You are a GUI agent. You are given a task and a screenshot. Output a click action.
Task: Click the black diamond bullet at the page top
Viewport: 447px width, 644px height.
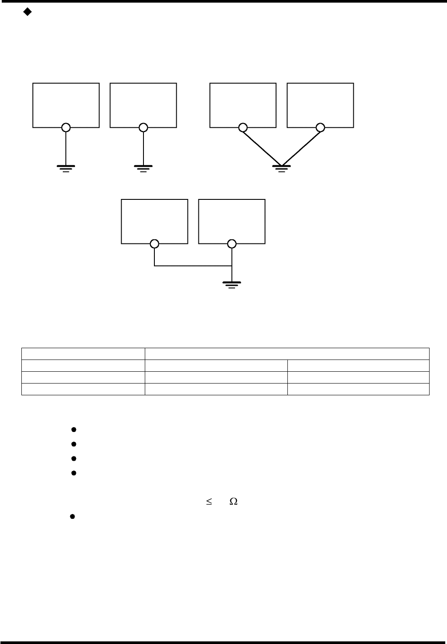point(27,13)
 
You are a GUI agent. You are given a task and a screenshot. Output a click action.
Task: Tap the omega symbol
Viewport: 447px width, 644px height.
point(233,502)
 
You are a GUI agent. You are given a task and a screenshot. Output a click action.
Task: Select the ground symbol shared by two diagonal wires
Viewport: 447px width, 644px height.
point(281,168)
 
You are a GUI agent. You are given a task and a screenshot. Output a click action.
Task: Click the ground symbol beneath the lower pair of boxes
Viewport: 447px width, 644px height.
point(232,285)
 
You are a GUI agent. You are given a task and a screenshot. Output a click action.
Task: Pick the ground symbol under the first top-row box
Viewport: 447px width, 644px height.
point(65,168)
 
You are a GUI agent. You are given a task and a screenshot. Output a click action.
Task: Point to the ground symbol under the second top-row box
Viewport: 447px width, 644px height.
point(143,168)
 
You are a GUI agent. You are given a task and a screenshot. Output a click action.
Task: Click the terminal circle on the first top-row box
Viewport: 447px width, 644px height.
point(65,127)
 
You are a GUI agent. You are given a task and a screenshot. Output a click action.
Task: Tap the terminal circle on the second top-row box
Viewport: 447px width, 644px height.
point(143,127)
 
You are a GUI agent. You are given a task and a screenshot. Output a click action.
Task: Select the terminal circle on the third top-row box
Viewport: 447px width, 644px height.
point(243,127)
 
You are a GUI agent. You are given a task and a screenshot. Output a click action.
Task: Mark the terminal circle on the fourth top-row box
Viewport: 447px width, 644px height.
point(321,127)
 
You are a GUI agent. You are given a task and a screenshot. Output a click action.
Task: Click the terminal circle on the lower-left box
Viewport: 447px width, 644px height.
point(154,243)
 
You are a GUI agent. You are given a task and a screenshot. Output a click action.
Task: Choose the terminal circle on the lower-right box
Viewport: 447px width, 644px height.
point(232,243)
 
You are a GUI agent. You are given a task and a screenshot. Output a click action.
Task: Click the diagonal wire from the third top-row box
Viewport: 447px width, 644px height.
point(262,147)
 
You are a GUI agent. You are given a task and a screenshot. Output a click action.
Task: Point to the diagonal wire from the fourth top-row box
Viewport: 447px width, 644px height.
point(301,147)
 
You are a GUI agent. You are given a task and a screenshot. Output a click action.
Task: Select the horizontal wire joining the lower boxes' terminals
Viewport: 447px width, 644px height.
point(192,266)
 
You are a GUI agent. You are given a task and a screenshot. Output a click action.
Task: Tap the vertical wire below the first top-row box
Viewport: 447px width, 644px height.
point(65,148)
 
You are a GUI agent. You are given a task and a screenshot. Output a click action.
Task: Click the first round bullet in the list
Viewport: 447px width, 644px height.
point(74,430)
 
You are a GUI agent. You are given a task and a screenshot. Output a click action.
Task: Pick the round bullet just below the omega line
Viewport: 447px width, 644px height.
point(72,517)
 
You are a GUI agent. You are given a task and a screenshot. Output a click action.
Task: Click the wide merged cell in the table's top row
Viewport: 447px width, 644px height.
point(287,353)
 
